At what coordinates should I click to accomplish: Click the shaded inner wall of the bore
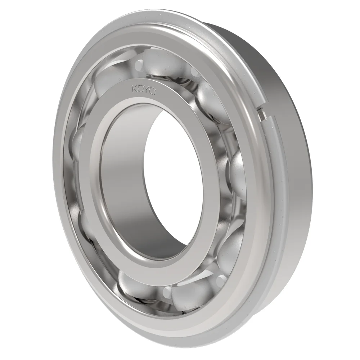(122, 180)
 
